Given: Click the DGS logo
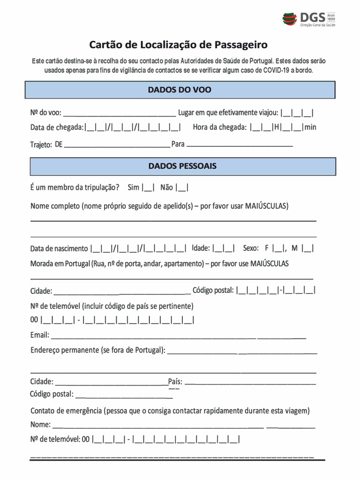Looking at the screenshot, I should [309, 19].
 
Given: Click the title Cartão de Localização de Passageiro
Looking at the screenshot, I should [179, 45].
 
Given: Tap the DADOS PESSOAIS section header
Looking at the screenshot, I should [182, 166].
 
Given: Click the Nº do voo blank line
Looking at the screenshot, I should [119, 113].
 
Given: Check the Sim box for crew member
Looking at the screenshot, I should [148, 188].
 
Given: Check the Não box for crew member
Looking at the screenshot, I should [182, 188].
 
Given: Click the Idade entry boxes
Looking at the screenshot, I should [223, 248].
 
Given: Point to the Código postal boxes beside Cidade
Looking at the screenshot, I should [276, 291].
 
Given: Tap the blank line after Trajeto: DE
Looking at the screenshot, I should [117, 145].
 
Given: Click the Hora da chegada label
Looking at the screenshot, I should [219, 127].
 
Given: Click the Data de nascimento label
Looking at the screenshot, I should [59, 248].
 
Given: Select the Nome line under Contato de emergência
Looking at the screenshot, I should [183, 426].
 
